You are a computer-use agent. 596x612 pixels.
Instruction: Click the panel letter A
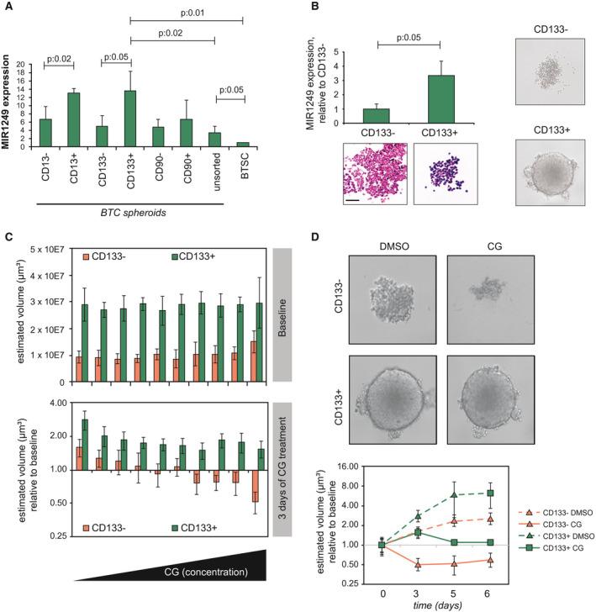tap(7, 8)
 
